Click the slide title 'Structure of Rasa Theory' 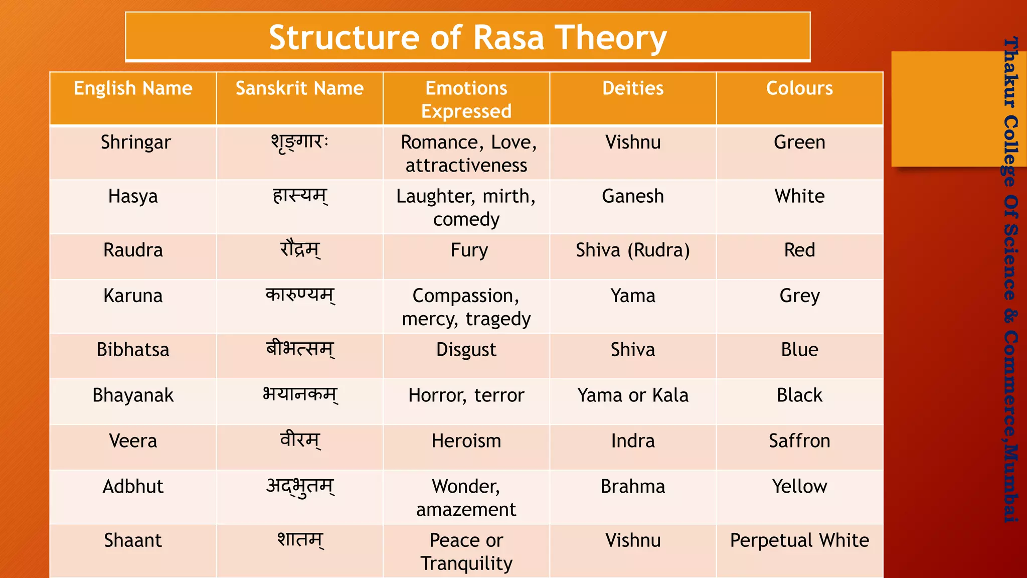[467, 37]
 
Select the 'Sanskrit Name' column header [299, 88]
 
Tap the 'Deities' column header [633, 88]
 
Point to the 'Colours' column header [799, 88]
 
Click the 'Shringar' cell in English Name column [135, 142]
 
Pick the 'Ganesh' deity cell [633, 196]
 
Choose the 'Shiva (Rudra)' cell [633, 250]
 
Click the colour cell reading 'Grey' [799, 296]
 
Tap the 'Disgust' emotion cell [466, 350]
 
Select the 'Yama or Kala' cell [633, 395]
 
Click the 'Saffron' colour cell [799, 441]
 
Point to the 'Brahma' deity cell [633, 487]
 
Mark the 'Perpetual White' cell [799, 540]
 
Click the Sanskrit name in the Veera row [300, 441]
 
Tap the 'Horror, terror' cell [466, 395]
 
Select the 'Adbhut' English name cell [133, 487]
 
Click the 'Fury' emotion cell [469, 250]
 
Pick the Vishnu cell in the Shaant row [633, 540]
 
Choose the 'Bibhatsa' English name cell [133, 350]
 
